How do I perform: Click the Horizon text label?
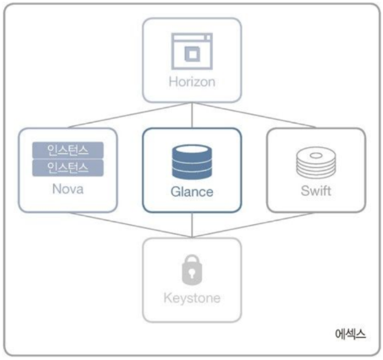click(192, 82)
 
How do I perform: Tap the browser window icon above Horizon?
click(192, 52)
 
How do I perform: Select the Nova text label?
click(68, 188)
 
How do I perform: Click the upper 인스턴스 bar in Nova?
click(68, 150)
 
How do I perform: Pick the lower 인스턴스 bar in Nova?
click(68, 168)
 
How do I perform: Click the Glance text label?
click(192, 192)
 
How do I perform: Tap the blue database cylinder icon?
click(192, 162)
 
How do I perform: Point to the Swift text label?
click(316, 191)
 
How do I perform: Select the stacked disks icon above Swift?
click(316, 162)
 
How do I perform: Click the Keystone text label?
click(192, 298)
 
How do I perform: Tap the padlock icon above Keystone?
click(192, 270)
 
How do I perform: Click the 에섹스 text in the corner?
click(350, 334)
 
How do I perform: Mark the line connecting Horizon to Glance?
click(192, 115)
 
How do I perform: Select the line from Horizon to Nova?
click(130, 115)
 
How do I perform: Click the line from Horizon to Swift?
click(254, 115)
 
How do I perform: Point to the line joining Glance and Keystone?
click(192, 225)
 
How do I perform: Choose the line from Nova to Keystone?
click(130, 225)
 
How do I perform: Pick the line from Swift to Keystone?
click(254, 225)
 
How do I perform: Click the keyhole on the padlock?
click(192, 274)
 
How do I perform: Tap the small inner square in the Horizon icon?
click(192, 53)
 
